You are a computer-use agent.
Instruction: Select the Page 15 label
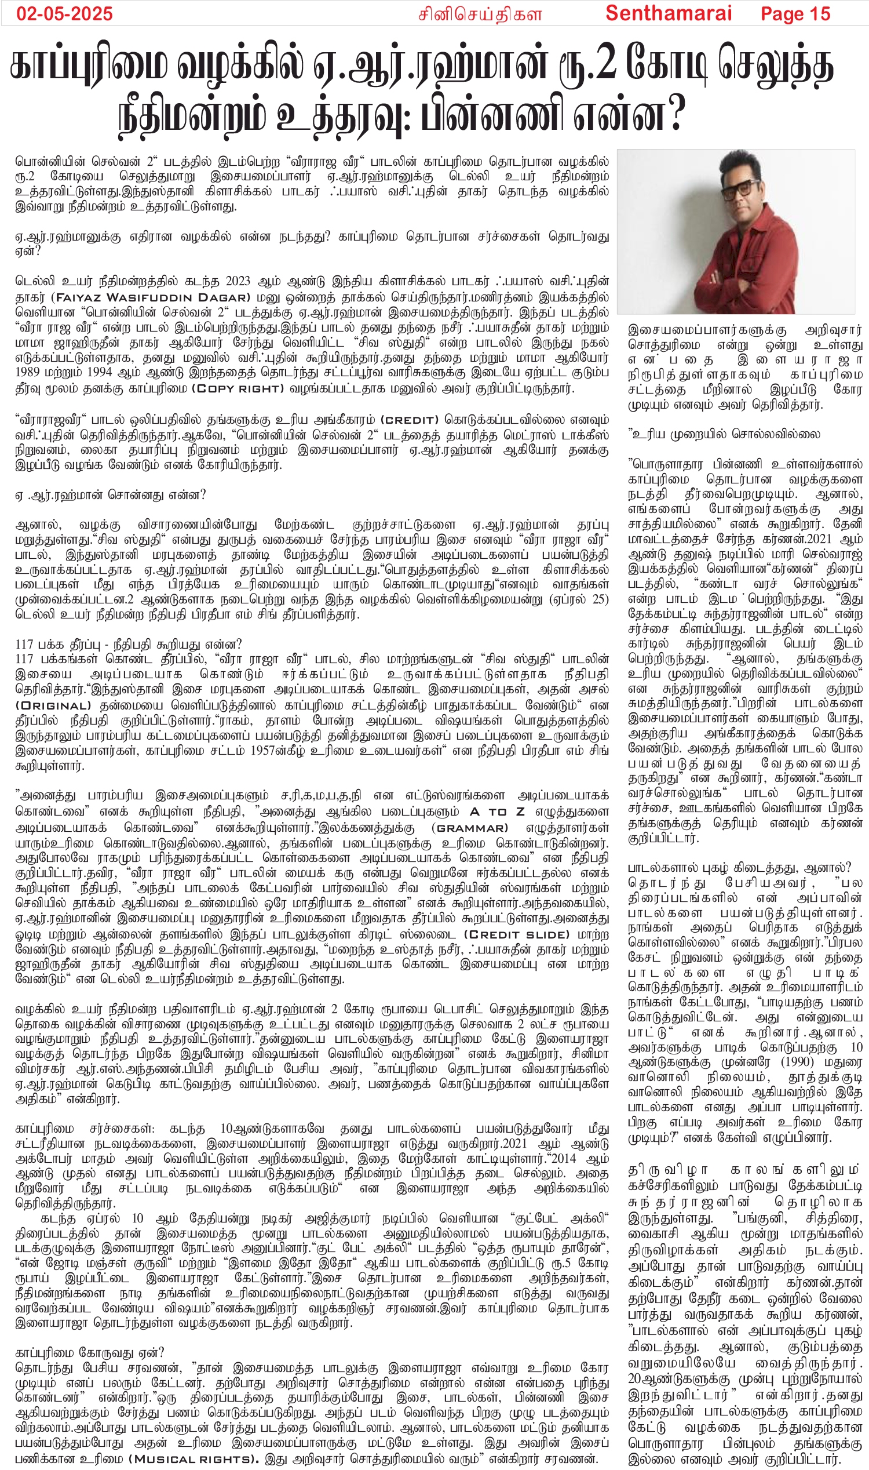[795, 13]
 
